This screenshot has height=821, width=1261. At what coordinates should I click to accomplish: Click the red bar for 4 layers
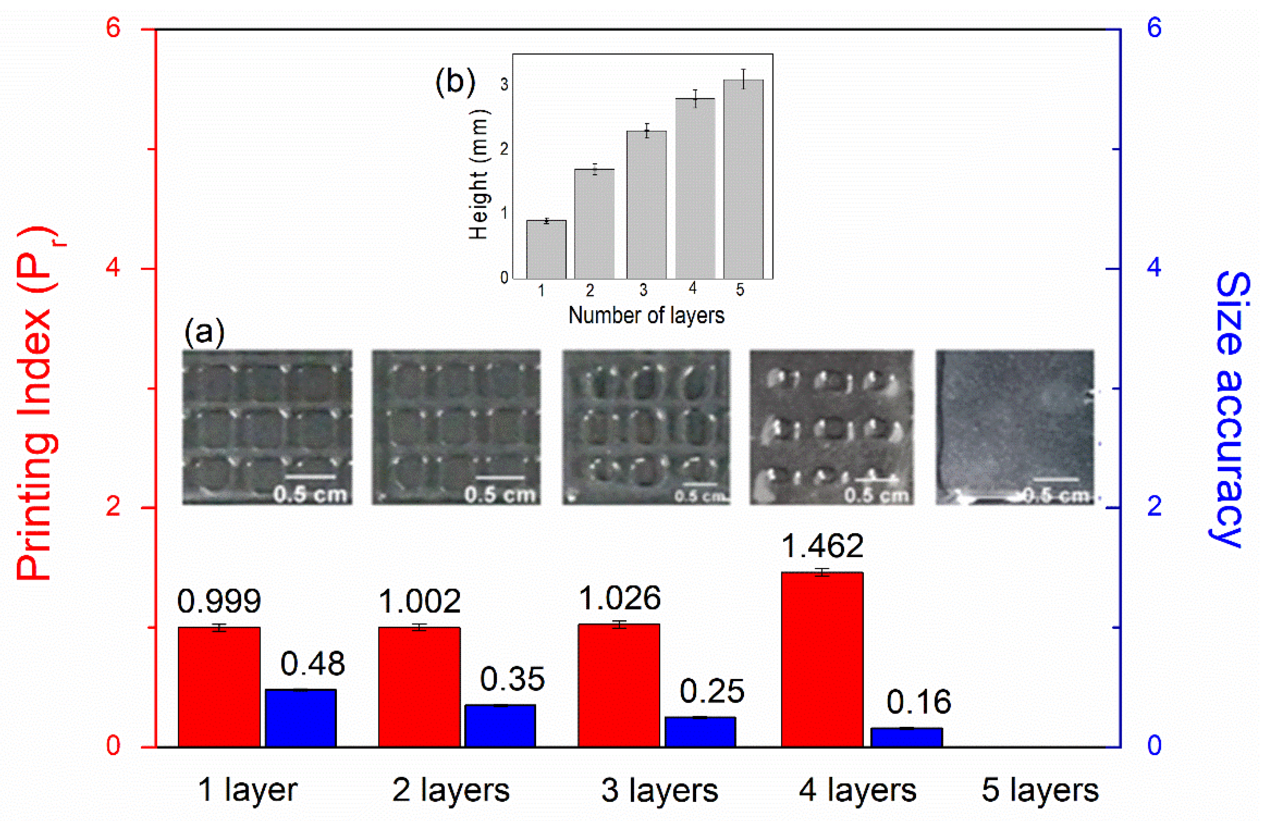click(x=822, y=659)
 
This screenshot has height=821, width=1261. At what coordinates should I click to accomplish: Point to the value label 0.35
click(x=513, y=679)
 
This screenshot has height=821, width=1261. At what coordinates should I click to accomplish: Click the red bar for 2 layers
click(x=419, y=687)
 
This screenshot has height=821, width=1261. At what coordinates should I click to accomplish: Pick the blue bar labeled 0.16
click(x=907, y=737)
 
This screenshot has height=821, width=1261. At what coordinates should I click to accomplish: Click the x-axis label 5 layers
click(x=1039, y=791)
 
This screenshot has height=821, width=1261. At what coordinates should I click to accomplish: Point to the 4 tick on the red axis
click(x=113, y=268)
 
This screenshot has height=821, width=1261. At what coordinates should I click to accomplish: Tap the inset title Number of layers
click(x=646, y=316)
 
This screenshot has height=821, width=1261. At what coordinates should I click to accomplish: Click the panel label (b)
click(x=455, y=82)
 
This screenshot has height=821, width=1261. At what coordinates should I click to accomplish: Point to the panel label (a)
click(x=204, y=332)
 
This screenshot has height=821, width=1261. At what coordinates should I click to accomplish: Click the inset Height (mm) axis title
click(x=479, y=175)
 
